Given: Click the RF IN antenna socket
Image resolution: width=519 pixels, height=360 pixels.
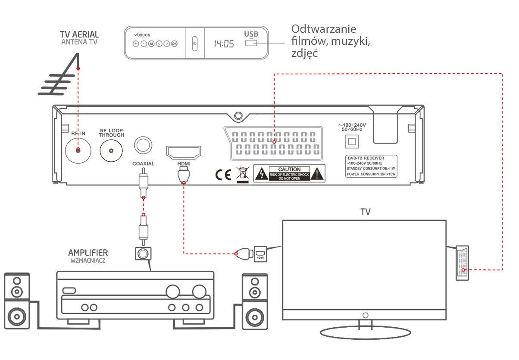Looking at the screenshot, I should [x=78, y=150].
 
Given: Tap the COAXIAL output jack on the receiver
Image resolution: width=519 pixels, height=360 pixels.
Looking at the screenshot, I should [x=143, y=145].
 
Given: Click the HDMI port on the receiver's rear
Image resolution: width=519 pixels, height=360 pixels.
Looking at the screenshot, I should [x=184, y=153].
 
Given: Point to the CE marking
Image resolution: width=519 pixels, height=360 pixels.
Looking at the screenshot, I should [x=223, y=174].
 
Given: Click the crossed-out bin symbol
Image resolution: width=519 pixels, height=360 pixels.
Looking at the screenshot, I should [x=243, y=174].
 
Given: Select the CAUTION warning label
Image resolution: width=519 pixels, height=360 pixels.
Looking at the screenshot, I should [x=289, y=174].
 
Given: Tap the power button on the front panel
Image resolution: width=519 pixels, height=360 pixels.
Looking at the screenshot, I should [x=194, y=43].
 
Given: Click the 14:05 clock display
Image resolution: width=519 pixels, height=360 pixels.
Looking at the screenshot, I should [x=224, y=44].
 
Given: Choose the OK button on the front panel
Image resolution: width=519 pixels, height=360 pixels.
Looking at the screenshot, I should [x=174, y=44].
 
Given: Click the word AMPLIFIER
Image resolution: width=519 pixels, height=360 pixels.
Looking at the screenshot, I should [x=88, y=252].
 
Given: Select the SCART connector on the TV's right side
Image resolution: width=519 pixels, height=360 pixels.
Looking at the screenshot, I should [x=462, y=263].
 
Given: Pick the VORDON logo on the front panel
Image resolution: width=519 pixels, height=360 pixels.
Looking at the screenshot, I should [x=142, y=34].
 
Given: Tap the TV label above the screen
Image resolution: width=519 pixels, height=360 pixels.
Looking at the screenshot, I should [x=365, y=212].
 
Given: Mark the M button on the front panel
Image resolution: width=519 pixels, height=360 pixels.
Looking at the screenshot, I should [x=151, y=44].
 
